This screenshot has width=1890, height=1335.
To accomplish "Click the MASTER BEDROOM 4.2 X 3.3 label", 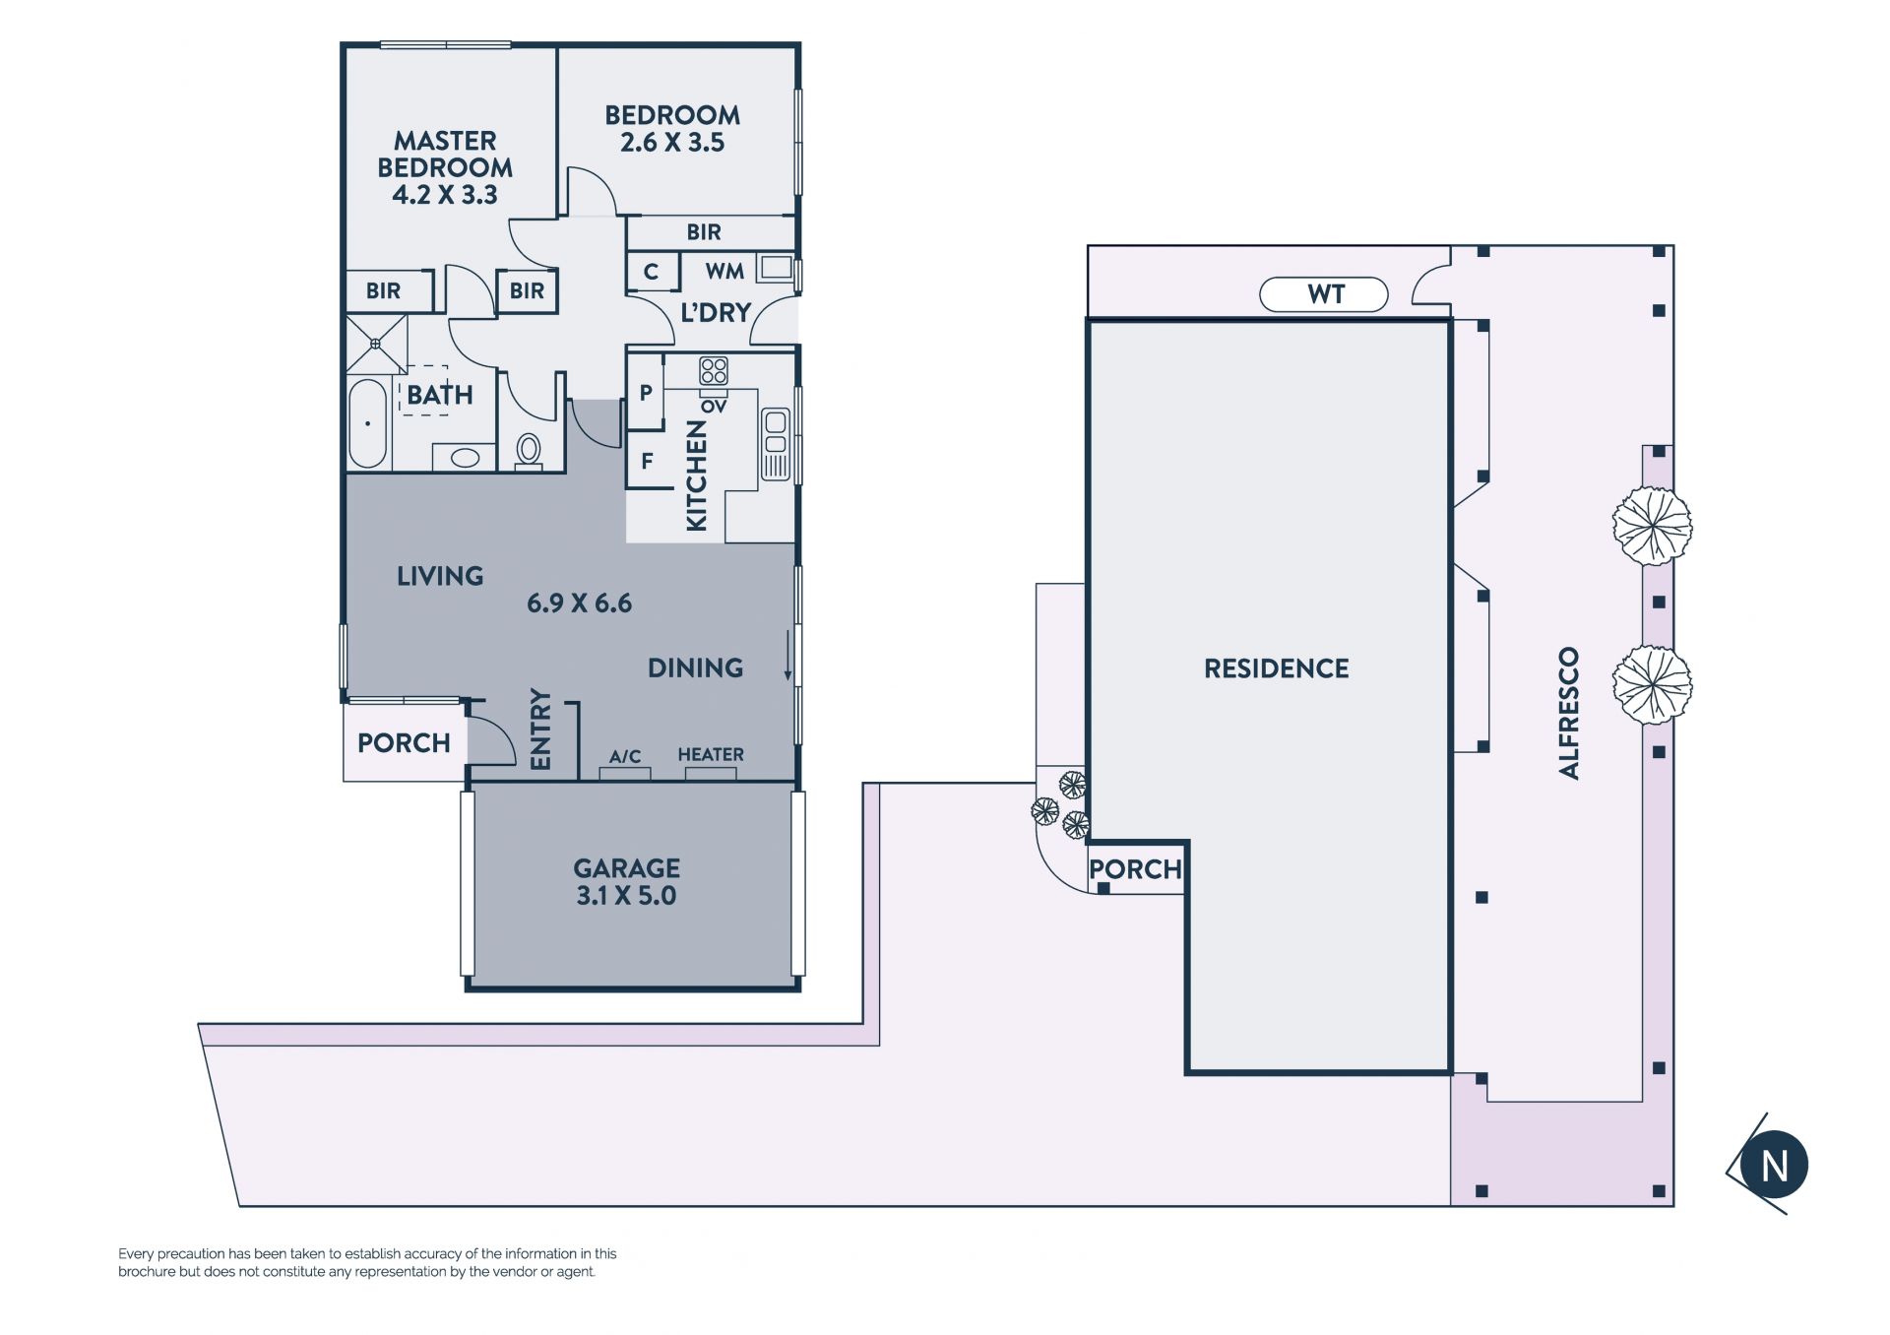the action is click(445, 167).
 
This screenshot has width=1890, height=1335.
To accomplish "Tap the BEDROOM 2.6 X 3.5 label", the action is click(672, 129).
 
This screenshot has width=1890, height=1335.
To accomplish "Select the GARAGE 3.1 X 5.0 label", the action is click(627, 882).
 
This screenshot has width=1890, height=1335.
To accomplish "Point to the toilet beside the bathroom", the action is click(529, 451).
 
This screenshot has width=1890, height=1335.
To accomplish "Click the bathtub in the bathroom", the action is click(368, 423).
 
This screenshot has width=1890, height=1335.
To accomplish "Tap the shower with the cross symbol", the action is click(376, 344).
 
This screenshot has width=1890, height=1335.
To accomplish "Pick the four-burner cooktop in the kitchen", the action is click(714, 371).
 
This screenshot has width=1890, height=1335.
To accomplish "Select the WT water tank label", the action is click(1326, 294).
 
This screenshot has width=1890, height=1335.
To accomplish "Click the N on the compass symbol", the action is click(1774, 1166).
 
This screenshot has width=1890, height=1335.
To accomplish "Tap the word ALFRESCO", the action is click(1569, 713).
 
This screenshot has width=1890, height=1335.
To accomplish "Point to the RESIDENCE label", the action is click(1277, 668).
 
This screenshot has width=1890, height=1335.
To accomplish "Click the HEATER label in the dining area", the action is click(711, 754).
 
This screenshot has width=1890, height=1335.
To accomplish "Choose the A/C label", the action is click(625, 756).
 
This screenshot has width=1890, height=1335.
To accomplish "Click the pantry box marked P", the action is click(645, 392).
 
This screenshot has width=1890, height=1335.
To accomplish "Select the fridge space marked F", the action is click(647, 460).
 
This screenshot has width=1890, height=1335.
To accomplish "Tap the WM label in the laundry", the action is click(724, 271).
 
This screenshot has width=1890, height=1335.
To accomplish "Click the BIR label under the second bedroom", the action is click(704, 232).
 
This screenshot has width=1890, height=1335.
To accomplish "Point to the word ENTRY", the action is click(540, 729).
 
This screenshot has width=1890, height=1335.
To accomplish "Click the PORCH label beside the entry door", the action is click(404, 743).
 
